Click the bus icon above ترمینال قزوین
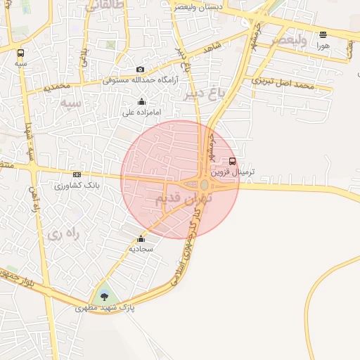233,160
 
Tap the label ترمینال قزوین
233,171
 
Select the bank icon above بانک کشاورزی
77,175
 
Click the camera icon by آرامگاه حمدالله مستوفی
141,70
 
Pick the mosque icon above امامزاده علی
142,101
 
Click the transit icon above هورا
323,34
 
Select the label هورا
323,44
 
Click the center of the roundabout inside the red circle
204,185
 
